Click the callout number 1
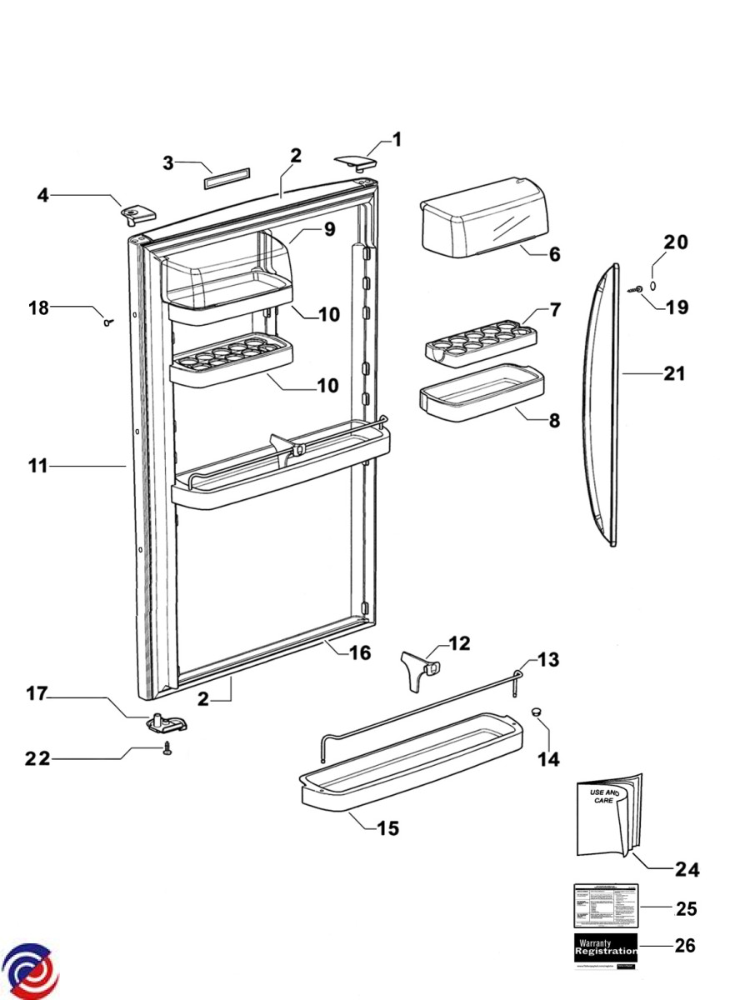pos(397,139)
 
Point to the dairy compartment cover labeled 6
pos(483,218)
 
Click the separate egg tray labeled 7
pos(480,342)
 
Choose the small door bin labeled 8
pos(482,393)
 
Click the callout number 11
pos(37,467)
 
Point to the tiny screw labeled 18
pos(107,322)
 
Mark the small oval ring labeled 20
pos(652,285)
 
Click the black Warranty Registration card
pos(606,947)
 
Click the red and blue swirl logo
pos(30,972)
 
